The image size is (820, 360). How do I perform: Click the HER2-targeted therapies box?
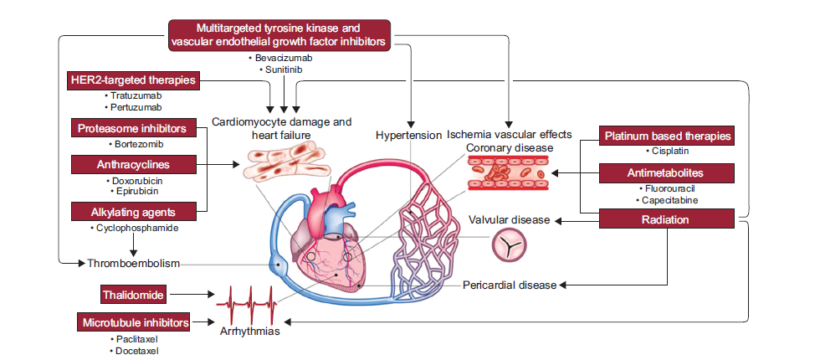pos(135,80)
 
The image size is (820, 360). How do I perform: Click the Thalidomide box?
pos(132,295)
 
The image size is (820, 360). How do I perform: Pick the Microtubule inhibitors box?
pos(134,321)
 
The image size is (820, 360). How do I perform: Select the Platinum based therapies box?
pos(668,136)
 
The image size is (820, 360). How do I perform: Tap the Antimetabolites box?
pos(667,172)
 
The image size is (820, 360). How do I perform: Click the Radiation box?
pos(667,219)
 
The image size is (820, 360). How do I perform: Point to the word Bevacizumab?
pos(281,58)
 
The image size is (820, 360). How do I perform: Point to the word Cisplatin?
pos(670,152)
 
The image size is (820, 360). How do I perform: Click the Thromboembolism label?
pos(134,263)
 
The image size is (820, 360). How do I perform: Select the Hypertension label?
pos(407,135)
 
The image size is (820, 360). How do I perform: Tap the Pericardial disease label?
pos(510,285)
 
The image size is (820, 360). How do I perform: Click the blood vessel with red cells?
pos(507,173)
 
